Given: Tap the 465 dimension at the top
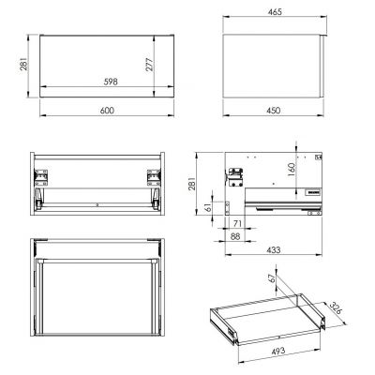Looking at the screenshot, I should coord(274,12).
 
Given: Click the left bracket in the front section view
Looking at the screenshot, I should coord(41,174).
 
